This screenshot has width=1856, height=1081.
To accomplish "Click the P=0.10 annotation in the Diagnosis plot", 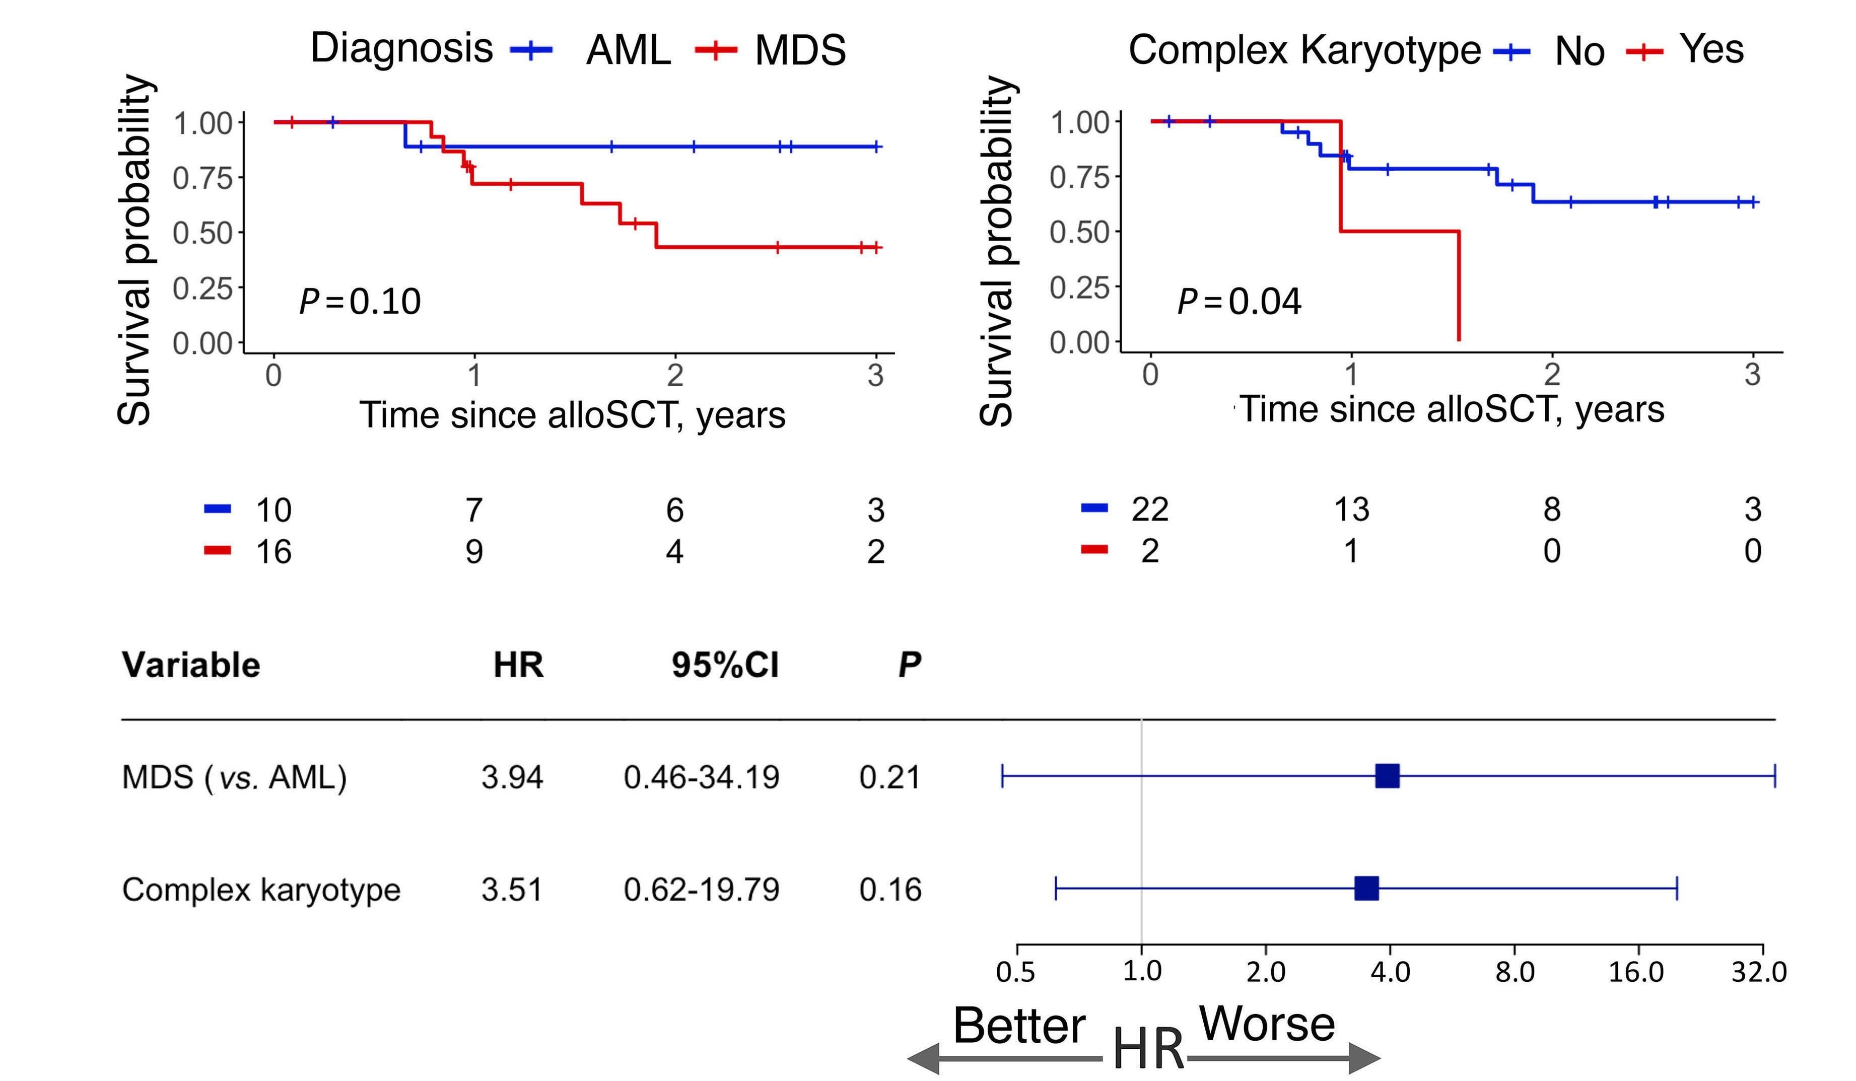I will [x=360, y=301].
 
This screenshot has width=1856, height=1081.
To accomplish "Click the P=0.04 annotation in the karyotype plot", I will [x=1239, y=301].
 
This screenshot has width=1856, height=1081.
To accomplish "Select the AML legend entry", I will [x=628, y=51].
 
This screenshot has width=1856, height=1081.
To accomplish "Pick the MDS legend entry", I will [x=800, y=51].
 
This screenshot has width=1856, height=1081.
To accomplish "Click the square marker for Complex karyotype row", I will [x=1366, y=889].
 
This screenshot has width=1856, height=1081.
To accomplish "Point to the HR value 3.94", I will [x=512, y=777].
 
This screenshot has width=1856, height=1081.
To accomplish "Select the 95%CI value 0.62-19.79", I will [x=701, y=890].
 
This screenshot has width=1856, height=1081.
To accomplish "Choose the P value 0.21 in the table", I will [x=889, y=777].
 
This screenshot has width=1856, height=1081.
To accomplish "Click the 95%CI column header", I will [x=725, y=665].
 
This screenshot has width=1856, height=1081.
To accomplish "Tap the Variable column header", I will [x=191, y=665].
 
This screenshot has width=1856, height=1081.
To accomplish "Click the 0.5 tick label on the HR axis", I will [x=1016, y=972].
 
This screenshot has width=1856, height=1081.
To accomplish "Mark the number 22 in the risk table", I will [x=1150, y=510].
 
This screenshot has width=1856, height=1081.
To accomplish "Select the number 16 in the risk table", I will [x=273, y=551].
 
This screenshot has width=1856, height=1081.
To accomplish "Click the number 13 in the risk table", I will [x=1351, y=510].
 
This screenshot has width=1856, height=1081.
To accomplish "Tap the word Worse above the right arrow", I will [x=1267, y=1024].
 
